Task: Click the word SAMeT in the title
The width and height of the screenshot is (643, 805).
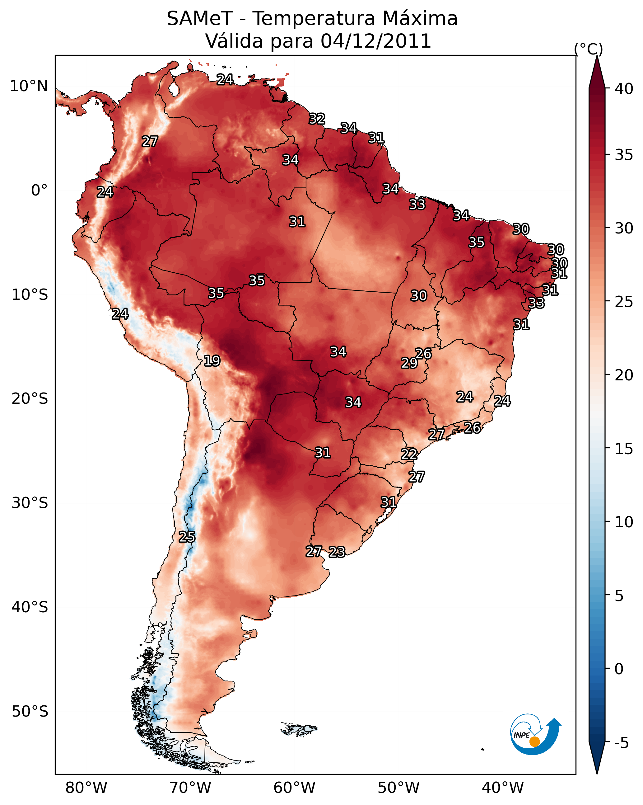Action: coord(200,19)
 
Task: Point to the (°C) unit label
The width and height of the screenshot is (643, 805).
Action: coord(589,49)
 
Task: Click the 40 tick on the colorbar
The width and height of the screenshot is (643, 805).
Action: coord(624,89)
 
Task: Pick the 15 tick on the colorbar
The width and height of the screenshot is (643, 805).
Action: coord(624,449)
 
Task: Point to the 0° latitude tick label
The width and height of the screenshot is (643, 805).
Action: coord(40,191)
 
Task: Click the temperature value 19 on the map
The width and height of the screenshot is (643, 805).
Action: coord(212,361)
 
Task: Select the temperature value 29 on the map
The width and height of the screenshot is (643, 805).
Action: coord(409,363)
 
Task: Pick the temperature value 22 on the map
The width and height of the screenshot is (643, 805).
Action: coord(409,454)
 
